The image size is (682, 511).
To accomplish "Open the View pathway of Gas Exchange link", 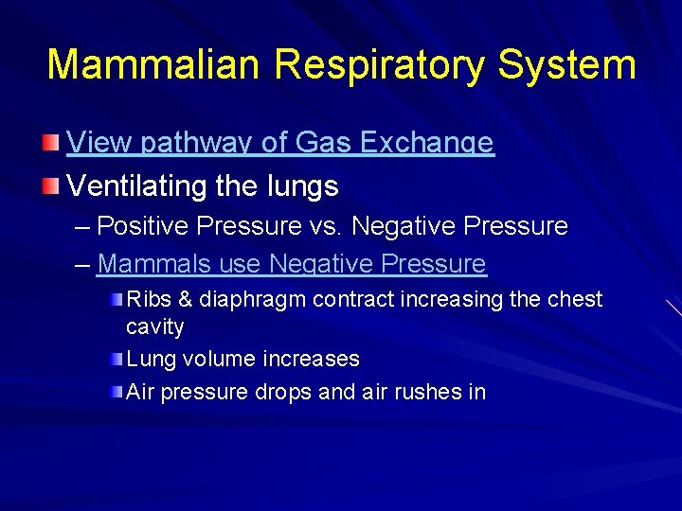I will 280,143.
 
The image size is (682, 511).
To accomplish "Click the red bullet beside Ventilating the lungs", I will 51,185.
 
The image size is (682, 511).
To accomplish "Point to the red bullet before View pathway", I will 51,143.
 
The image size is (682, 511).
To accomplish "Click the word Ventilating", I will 137,185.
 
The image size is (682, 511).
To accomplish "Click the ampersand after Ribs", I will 185,299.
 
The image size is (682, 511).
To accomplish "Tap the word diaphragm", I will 252,300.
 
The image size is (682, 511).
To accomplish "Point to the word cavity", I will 154,327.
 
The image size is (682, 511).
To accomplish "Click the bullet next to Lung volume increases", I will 116,359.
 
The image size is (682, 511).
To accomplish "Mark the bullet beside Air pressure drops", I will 116,391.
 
